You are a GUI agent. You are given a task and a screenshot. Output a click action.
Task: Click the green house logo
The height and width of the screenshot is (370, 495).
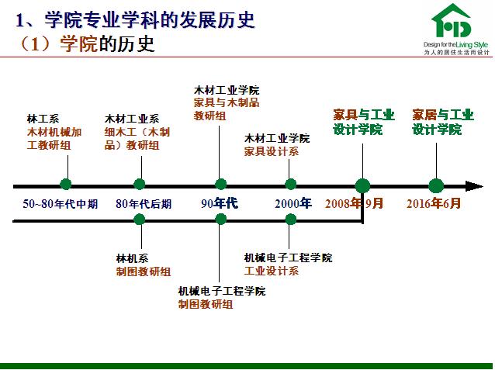pos(451,21)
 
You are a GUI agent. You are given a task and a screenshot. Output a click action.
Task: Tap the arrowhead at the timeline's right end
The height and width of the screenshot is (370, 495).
pos(475,186)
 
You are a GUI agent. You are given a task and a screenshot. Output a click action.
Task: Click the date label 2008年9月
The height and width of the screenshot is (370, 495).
pos(354,203)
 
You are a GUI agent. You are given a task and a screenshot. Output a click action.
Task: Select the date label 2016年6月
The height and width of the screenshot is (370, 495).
pos(434,203)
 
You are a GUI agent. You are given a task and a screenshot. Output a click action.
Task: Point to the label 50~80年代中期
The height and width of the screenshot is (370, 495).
pos(60,204)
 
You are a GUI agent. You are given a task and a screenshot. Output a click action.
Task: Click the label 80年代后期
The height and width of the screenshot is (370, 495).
pos(144,204)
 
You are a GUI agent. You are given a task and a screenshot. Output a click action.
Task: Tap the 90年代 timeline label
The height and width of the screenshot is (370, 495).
pos(220,203)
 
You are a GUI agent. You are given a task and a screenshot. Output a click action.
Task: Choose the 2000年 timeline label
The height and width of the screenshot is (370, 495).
pos(293,203)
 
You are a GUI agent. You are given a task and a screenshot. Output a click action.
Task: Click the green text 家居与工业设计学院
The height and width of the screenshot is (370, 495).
pos(443,123)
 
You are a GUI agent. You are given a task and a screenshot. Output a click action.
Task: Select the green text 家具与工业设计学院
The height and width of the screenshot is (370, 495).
pos(364,123)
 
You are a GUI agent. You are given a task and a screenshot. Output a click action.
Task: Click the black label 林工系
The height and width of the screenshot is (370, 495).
pos(43,119)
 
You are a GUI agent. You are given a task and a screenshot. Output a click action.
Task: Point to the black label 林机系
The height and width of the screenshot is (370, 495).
pos(132,258)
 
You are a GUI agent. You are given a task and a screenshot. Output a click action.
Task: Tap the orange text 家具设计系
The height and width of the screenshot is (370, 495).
pos(272,151)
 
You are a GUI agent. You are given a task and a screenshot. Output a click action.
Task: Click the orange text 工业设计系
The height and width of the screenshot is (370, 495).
pos(272,271)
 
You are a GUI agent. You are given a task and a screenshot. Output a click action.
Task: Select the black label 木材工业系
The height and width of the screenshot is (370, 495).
pos(132,119)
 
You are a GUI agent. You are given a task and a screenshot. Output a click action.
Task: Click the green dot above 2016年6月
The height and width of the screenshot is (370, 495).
pos(436,185)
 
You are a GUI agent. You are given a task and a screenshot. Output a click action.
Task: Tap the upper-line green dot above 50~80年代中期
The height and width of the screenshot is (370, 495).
pos(66,184)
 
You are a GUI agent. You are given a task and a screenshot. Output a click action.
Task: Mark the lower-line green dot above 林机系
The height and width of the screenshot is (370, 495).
pos(139,219)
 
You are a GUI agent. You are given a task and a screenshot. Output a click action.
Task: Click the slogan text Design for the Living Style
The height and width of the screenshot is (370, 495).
pos(455,45)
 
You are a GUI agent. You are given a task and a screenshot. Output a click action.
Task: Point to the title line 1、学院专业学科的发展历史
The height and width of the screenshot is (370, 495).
pos(135,19)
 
